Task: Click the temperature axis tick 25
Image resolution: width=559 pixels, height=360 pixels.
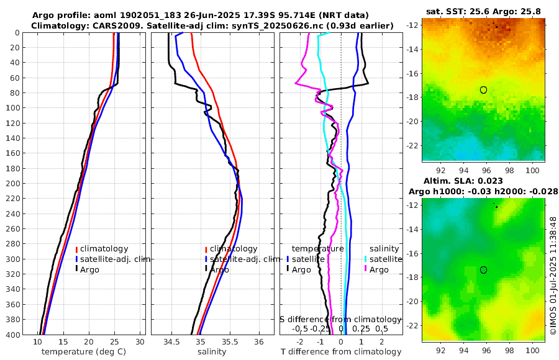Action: [x=114, y=342]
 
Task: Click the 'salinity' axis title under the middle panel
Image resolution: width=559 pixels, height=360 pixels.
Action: [x=211, y=352]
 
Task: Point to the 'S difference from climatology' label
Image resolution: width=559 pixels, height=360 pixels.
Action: [x=341, y=318]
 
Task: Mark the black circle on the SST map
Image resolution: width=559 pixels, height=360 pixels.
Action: [x=483, y=90]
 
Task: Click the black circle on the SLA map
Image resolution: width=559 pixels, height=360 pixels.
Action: [x=483, y=270]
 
